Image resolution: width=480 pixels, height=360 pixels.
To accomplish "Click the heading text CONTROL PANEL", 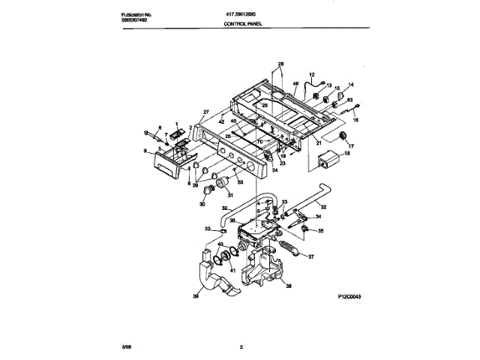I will (245, 24).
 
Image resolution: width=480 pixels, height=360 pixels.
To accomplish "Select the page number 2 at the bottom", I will (241, 346).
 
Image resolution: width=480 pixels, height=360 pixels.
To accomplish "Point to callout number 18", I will (346, 154).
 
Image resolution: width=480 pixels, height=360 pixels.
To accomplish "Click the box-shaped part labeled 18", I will (328, 160).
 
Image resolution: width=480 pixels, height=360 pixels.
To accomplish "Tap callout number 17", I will (350, 146).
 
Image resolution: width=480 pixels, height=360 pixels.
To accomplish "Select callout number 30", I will (202, 202).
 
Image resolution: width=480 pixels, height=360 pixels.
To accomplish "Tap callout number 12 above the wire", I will (311, 76).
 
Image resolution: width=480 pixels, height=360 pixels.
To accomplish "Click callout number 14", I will (350, 85).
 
